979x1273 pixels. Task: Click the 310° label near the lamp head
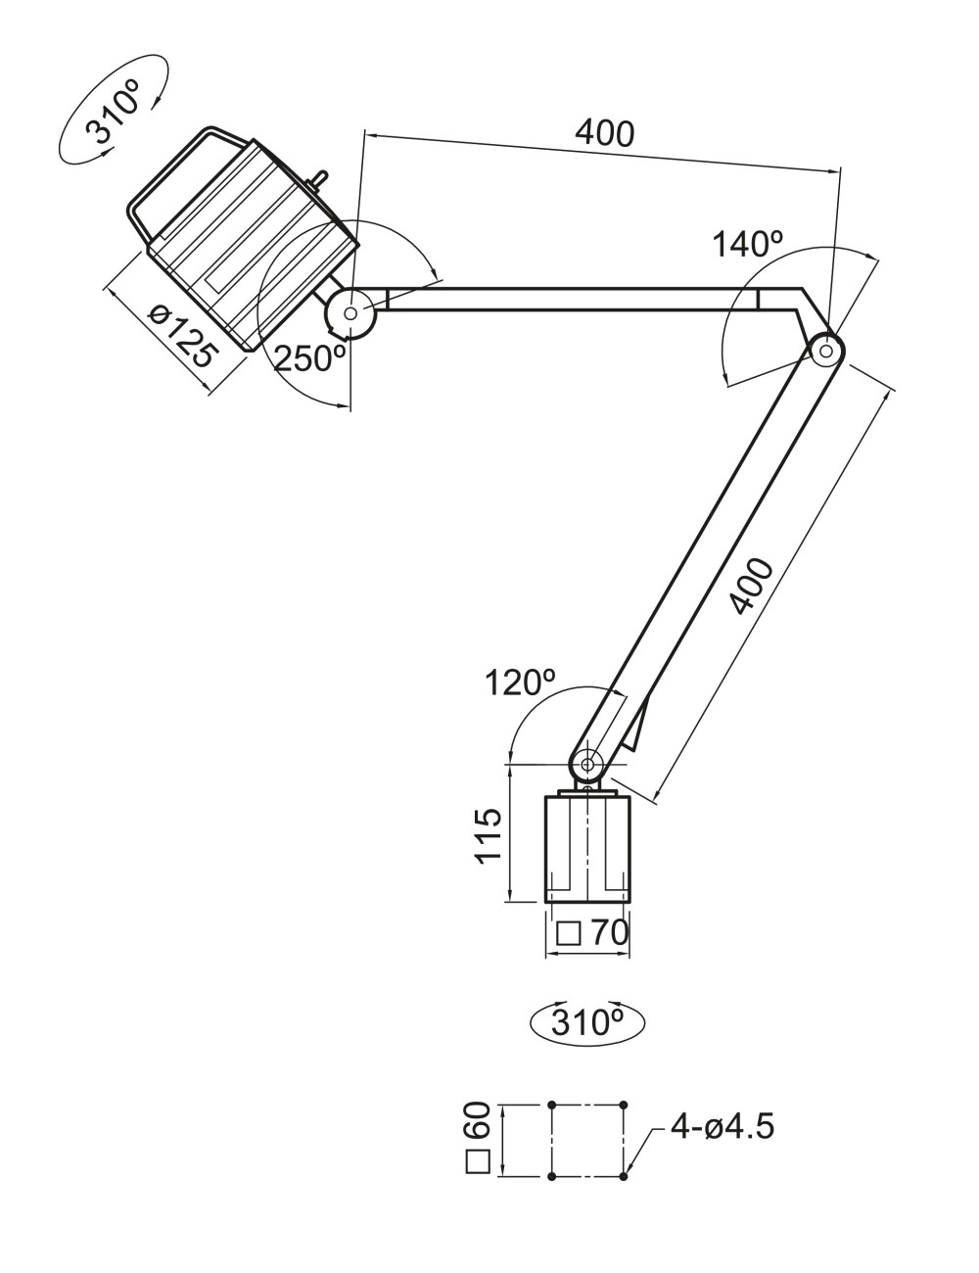(x=115, y=117)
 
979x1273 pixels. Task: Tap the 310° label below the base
(x=587, y=1022)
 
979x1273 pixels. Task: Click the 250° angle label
(x=310, y=359)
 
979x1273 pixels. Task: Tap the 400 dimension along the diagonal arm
(x=752, y=588)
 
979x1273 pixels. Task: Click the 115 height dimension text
(x=489, y=835)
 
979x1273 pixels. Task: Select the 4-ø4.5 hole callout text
(x=722, y=1127)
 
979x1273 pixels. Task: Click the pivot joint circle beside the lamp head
(x=350, y=312)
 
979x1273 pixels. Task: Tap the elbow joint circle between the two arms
(x=826, y=349)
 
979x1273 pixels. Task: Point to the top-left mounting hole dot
(x=552, y=1104)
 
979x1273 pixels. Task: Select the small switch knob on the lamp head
(x=317, y=182)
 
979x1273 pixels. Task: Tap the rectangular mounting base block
(x=587, y=848)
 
